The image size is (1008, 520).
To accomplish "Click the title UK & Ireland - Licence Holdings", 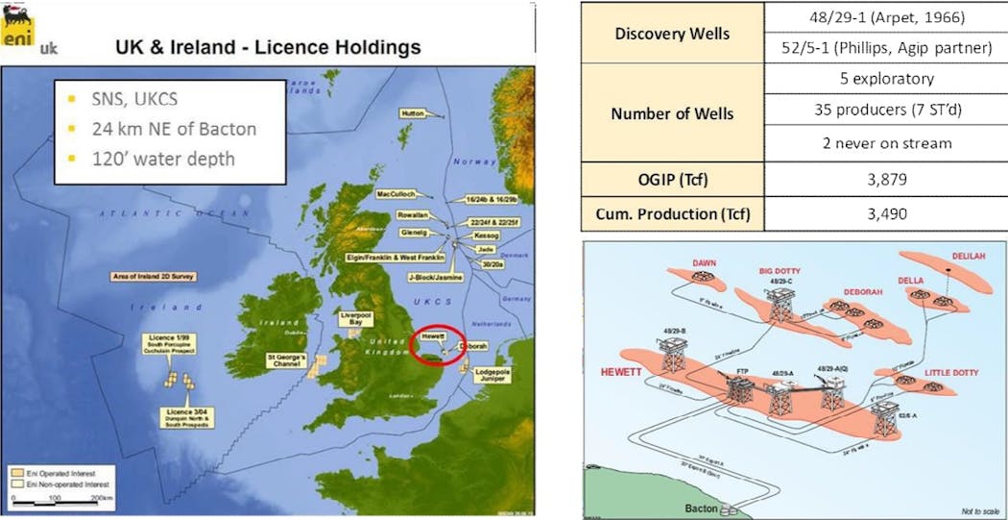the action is tap(268, 45).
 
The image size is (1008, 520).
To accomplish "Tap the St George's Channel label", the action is tap(292, 362).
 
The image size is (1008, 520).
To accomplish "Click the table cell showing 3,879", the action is tap(884, 181).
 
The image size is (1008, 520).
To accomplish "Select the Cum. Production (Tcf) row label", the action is tap(672, 213).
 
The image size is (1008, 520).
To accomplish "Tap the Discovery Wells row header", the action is tap(672, 35).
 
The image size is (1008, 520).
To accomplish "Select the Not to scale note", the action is tap(980, 511).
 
